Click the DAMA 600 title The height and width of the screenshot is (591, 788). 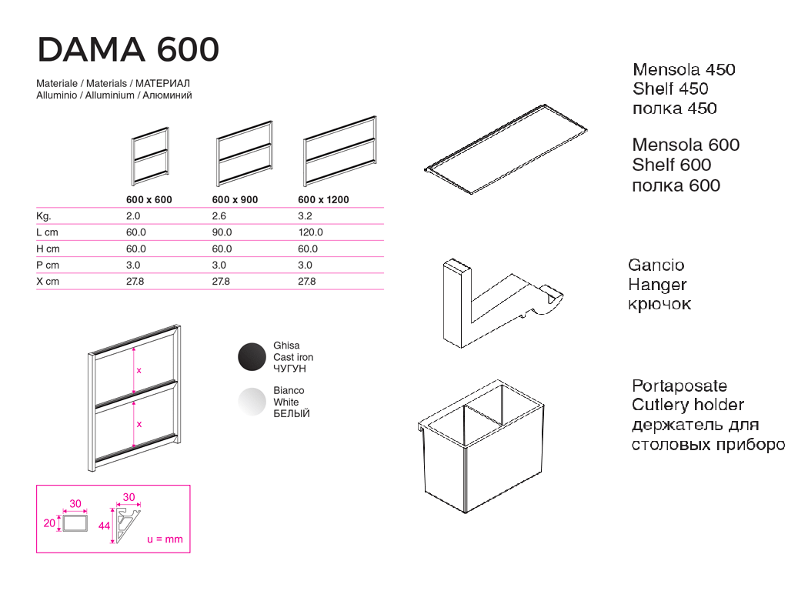(x=128, y=50)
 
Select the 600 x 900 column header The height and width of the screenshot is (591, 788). (x=235, y=199)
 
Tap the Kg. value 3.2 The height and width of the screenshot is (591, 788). (x=305, y=216)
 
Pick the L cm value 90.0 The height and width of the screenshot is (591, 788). (x=222, y=232)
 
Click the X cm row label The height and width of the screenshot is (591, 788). (x=48, y=282)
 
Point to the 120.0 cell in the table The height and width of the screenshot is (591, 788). (x=310, y=232)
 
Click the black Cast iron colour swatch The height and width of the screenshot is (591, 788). (x=252, y=357)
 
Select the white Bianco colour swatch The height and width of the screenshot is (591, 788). (x=252, y=402)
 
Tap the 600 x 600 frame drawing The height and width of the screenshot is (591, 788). (x=150, y=156)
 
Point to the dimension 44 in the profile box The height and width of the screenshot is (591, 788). (x=105, y=525)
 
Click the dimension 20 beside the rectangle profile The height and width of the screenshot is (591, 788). (x=50, y=523)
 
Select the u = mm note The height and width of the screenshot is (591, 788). (x=165, y=539)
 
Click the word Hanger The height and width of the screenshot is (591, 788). (x=657, y=285)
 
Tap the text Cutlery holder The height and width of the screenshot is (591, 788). (x=688, y=405)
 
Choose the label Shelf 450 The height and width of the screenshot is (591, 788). (x=670, y=89)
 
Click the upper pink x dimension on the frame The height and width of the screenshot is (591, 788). (x=139, y=370)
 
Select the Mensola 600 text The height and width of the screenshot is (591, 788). (x=686, y=145)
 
